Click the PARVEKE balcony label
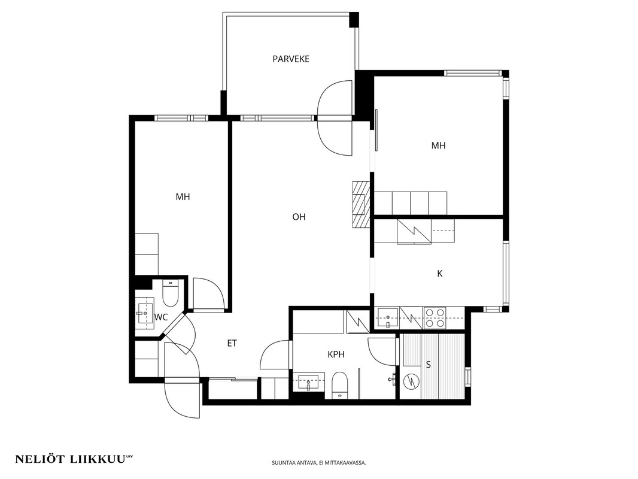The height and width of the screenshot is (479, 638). pyautogui.click(x=291, y=59)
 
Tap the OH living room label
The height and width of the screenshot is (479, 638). pyautogui.click(x=299, y=217)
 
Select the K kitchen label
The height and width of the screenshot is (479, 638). pyautogui.click(x=439, y=274)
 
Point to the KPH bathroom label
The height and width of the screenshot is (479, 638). pyautogui.click(x=336, y=354)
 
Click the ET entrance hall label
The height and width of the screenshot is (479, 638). pyautogui.click(x=232, y=344)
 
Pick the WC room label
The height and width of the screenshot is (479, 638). pyautogui.click(x=161, y=317)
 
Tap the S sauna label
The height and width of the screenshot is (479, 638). pyautogui.click(x=429, y=365)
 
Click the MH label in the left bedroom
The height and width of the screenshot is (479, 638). pyautogui.click(x=183, y=197)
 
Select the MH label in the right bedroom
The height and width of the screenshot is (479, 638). pyautogui.click(x=438, y=145)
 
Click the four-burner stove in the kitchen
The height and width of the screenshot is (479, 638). pyautogui.click(x=435, y=318)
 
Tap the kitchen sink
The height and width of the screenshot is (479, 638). pyautogui.click(x=388, y=318)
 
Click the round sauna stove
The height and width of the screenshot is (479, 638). pyautogui.click(x=411, y=382)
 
